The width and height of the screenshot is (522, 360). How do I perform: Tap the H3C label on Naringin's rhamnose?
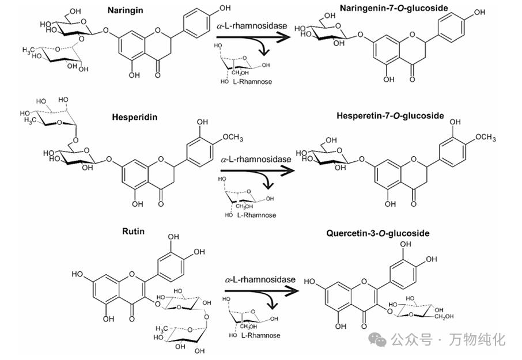click(31, 50)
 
